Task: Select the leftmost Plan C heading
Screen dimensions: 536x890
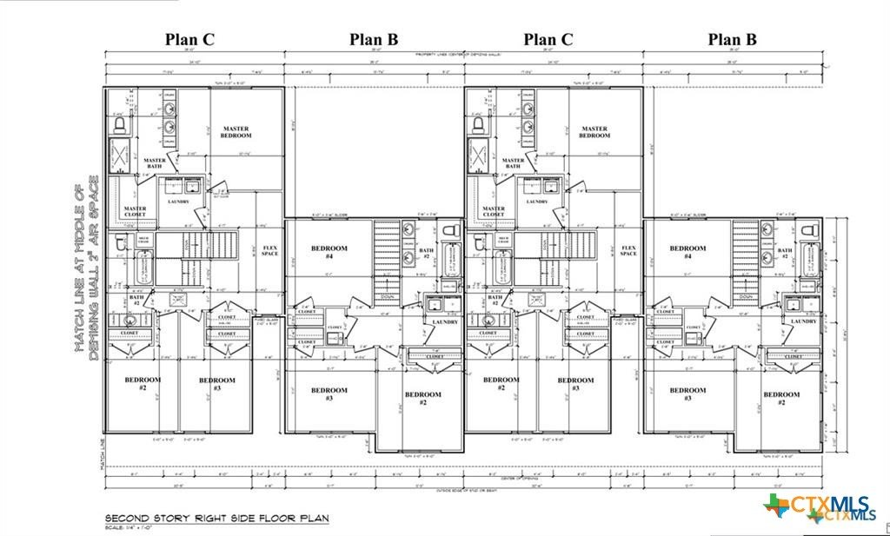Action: (x=190, y=39)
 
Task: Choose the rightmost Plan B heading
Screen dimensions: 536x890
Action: (x=733, y=39)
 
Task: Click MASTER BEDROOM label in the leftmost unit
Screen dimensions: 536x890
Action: (x=235, y=132)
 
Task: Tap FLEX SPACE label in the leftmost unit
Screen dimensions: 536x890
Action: (x=269, y=251)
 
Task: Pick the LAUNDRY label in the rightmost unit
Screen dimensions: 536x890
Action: (x=803, y=321)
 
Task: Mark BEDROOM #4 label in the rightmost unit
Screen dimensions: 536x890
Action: (x=688, y=252)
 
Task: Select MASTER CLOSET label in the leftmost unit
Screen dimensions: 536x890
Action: (x=135, y=211)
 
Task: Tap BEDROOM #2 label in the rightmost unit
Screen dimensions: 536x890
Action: (x=781, y=398)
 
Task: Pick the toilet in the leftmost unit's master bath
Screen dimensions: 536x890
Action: (x=120, y=125)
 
